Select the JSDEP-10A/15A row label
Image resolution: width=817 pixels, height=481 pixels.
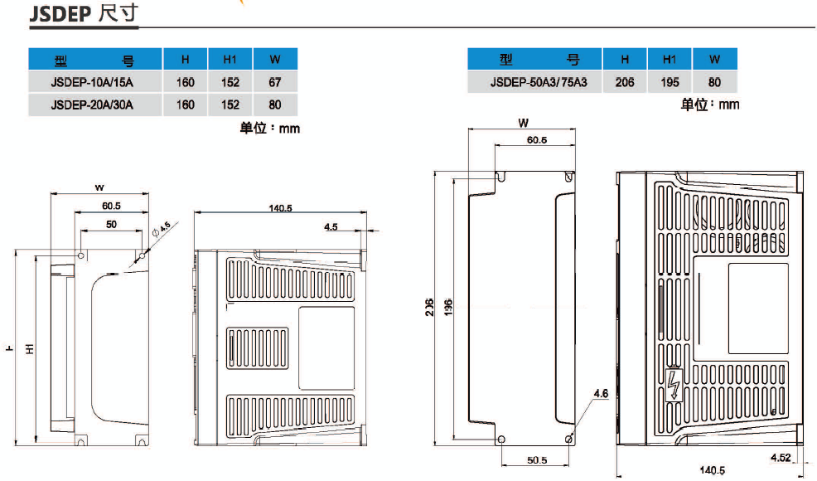(91, 82)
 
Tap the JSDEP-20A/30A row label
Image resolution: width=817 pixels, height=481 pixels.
(91, 104)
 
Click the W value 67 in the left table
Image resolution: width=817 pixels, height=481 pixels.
(275, 82)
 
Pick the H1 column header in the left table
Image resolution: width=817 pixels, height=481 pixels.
(230, 60)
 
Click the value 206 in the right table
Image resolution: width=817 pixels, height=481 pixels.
(625, 82)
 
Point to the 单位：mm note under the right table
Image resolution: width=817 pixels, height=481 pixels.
(709, 104)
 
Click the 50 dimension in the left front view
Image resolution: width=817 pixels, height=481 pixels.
(111, 225)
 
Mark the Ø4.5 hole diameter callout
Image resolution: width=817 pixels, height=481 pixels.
(162, 227)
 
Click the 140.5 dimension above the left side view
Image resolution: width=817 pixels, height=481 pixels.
(280, 208)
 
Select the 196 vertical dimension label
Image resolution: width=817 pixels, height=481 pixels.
(447, 304)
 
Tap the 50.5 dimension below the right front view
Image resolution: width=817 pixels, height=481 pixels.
(536, 461)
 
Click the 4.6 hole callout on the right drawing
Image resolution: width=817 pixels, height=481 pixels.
(601, 395)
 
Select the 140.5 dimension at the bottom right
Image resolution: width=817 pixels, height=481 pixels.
(713, 471)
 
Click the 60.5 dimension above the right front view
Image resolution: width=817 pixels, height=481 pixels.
(536, 139)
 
